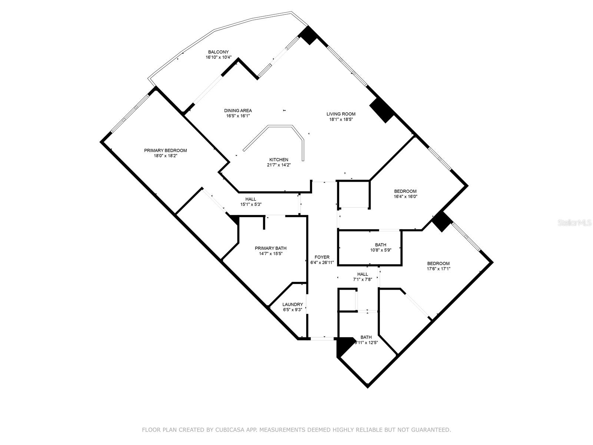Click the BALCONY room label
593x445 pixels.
[218, 52]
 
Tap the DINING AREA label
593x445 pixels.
[238, 111]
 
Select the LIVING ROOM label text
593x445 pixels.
[341, 114]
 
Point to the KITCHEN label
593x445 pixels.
[279, 160]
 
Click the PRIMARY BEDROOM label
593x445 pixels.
[165, 151]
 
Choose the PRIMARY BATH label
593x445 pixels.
[271, 248]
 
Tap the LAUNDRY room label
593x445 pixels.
[292, 304]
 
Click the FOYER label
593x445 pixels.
[322, 257]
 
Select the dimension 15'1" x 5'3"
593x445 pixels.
[251, 205]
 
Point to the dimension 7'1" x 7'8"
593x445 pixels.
[362, 280]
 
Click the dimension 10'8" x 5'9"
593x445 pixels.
[381, 250]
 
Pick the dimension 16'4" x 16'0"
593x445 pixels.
[405, 197]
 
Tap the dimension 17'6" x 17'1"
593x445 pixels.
[438, 269]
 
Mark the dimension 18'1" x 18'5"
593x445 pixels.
[341, 119]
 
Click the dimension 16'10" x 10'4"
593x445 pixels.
[219, 57]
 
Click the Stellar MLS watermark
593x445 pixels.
[574, 222]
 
